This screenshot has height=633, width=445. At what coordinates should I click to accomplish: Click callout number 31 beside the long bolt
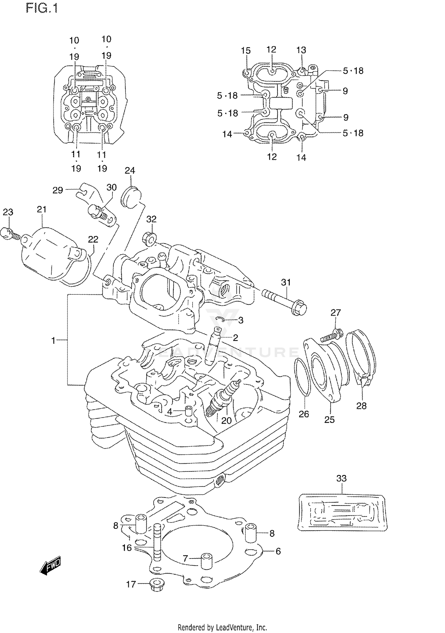point(286,282)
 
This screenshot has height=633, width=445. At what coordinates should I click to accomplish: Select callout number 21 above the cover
point(42,209)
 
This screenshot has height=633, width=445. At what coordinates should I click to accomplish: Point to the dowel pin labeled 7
point(206,561)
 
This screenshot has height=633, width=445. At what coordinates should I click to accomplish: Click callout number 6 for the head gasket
point(278,551)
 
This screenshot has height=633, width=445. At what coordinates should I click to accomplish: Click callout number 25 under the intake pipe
point(329,419)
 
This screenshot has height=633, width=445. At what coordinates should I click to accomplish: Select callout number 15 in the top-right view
point(246,50)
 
